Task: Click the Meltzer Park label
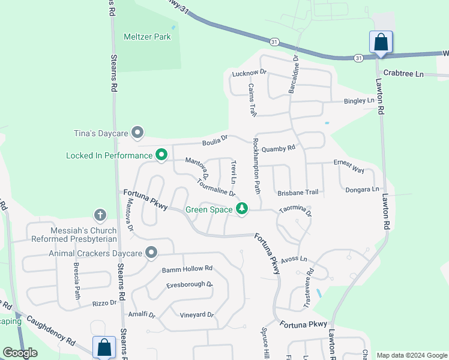coord(147,37)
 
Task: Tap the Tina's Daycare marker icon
coord(138,132)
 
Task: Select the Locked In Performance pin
coord(161,155)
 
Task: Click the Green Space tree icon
coord(242,209)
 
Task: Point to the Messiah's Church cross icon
coord(100,215)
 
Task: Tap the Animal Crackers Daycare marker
coord(151,253)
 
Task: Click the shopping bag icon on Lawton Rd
coord(381,43)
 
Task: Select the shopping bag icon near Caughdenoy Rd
coord(104,347)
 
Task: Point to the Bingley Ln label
coord(358,101)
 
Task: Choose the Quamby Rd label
coord(279,148)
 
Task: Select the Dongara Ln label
coord(362,190)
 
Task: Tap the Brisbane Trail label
coord(298,193)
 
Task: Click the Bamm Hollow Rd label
coord(187,269)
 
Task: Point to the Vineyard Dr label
coord(197,315)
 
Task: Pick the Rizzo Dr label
coord(104,304)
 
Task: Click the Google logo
coord(20,353)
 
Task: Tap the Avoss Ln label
coord(294,259)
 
